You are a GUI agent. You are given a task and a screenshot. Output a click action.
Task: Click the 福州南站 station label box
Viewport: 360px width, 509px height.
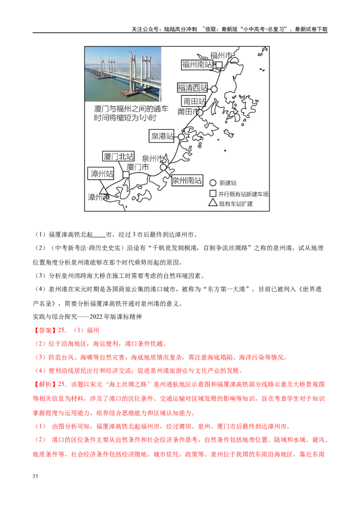point(197,65)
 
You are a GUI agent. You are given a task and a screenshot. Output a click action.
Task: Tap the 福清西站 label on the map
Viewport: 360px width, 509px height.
point(192,88)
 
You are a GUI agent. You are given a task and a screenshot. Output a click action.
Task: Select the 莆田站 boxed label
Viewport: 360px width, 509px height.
point(193,101)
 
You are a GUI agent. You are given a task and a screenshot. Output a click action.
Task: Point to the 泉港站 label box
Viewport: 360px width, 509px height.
point(162,136)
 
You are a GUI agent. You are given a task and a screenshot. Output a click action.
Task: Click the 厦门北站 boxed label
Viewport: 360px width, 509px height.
point(118,156)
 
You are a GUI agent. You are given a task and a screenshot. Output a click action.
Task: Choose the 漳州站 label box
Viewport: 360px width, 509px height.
point(101,174)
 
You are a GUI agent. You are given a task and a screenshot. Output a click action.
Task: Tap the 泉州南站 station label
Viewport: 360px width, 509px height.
point(187,180)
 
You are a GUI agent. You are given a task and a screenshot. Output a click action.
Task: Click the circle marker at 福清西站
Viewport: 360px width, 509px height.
point(214,89)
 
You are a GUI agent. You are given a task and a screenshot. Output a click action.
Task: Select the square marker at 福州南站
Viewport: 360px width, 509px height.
point(219,65)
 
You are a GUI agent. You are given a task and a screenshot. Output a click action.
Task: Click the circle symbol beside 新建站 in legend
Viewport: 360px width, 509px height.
point(213,183)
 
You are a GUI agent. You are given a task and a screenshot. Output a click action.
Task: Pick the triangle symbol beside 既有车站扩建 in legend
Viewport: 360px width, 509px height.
point(213,202)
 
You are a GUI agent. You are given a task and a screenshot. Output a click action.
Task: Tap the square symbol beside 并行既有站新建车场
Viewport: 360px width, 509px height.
point(213,193)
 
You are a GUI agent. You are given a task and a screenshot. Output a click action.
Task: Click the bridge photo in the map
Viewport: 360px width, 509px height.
point(123,74)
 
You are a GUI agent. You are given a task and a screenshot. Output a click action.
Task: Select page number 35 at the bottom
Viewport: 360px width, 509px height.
point(35,476)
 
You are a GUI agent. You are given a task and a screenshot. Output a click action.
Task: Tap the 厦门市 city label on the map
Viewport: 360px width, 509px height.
point(137,167)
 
